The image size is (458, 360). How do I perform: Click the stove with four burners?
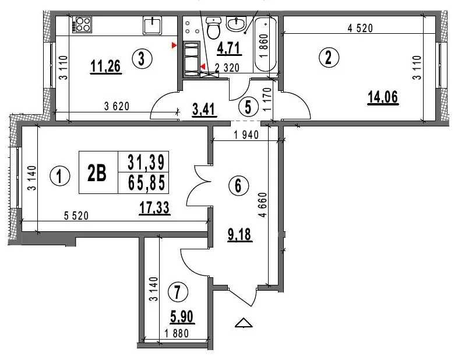tap(83, 24)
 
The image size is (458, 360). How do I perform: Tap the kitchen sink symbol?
tap(152, 25)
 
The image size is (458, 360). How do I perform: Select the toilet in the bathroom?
tap(213, 28)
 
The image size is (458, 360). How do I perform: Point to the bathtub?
tap(265, 44)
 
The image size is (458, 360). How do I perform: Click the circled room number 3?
tap(142, 59)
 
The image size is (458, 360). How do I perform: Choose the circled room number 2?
tap(329, 57)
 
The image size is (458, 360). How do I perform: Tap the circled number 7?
tap(178, 292)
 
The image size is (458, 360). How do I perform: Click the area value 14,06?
tap(383, 97)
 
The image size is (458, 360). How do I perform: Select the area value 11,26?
tap(105, 66)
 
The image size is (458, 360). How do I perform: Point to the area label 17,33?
tap(154, 208)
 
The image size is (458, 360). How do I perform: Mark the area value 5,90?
tap(182, 317)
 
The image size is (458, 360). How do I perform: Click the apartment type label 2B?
tap(97, 173)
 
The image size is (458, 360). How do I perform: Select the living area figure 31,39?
tap(147, 162)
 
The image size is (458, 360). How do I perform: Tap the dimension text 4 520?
tap(361, 28)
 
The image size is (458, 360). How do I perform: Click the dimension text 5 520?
tap(76, 216)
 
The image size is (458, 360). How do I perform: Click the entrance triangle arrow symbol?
tap(244, 322)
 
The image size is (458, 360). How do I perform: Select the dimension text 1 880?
tap(177, 333)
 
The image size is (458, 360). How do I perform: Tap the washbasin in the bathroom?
tap(237, 24)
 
